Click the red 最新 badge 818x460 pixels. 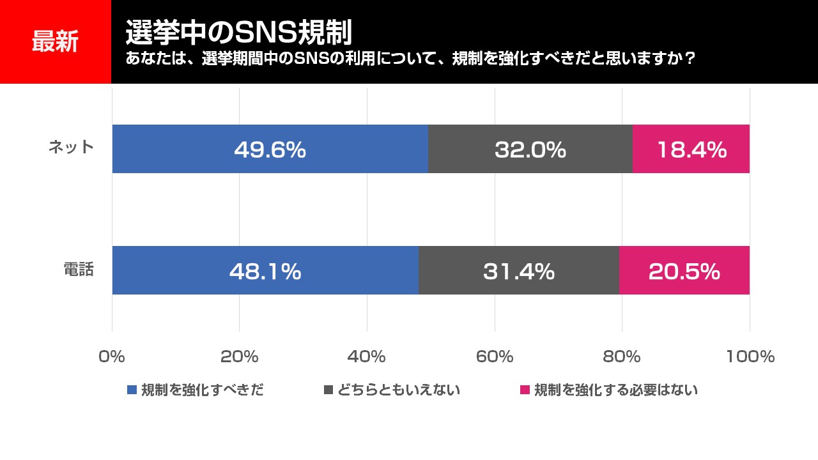coord(56,42)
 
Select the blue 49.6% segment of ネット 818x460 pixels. coord(270,149)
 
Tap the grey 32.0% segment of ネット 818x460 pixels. coord(530,149)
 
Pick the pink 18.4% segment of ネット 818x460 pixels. coord(691,149)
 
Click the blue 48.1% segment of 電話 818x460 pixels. coord(265,271)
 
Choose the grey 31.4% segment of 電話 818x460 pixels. coord(518,271)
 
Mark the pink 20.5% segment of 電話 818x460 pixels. coord(684,271)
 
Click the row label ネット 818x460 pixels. coord(72,148)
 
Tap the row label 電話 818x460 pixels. coord(79,270)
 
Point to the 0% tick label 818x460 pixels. coord(112,356)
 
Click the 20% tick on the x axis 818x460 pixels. coord(239,356)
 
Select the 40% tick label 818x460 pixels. coord(367,356)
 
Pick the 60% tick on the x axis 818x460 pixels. coord(495,356)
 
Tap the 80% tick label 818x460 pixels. coord(622,356)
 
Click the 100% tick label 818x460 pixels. coord(750,356)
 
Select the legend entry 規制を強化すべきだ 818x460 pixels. coord(196,390)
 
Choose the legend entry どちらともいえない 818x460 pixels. coord(392,390)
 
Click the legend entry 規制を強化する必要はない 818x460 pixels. coord(609,390)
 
